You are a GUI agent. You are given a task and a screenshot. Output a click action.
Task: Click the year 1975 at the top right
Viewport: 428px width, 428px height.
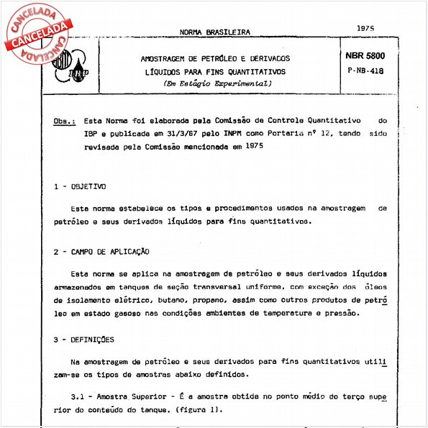point(365,27)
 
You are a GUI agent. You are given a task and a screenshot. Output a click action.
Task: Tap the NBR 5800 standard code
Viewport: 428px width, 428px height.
point(365,56)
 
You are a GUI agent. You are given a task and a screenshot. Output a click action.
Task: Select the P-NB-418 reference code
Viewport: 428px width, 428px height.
point(365,72)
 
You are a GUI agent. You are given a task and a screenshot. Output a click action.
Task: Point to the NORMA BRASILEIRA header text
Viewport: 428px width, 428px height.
point(215,33)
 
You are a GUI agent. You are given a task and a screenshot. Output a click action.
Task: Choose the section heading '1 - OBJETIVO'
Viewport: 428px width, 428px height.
point(80,186)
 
